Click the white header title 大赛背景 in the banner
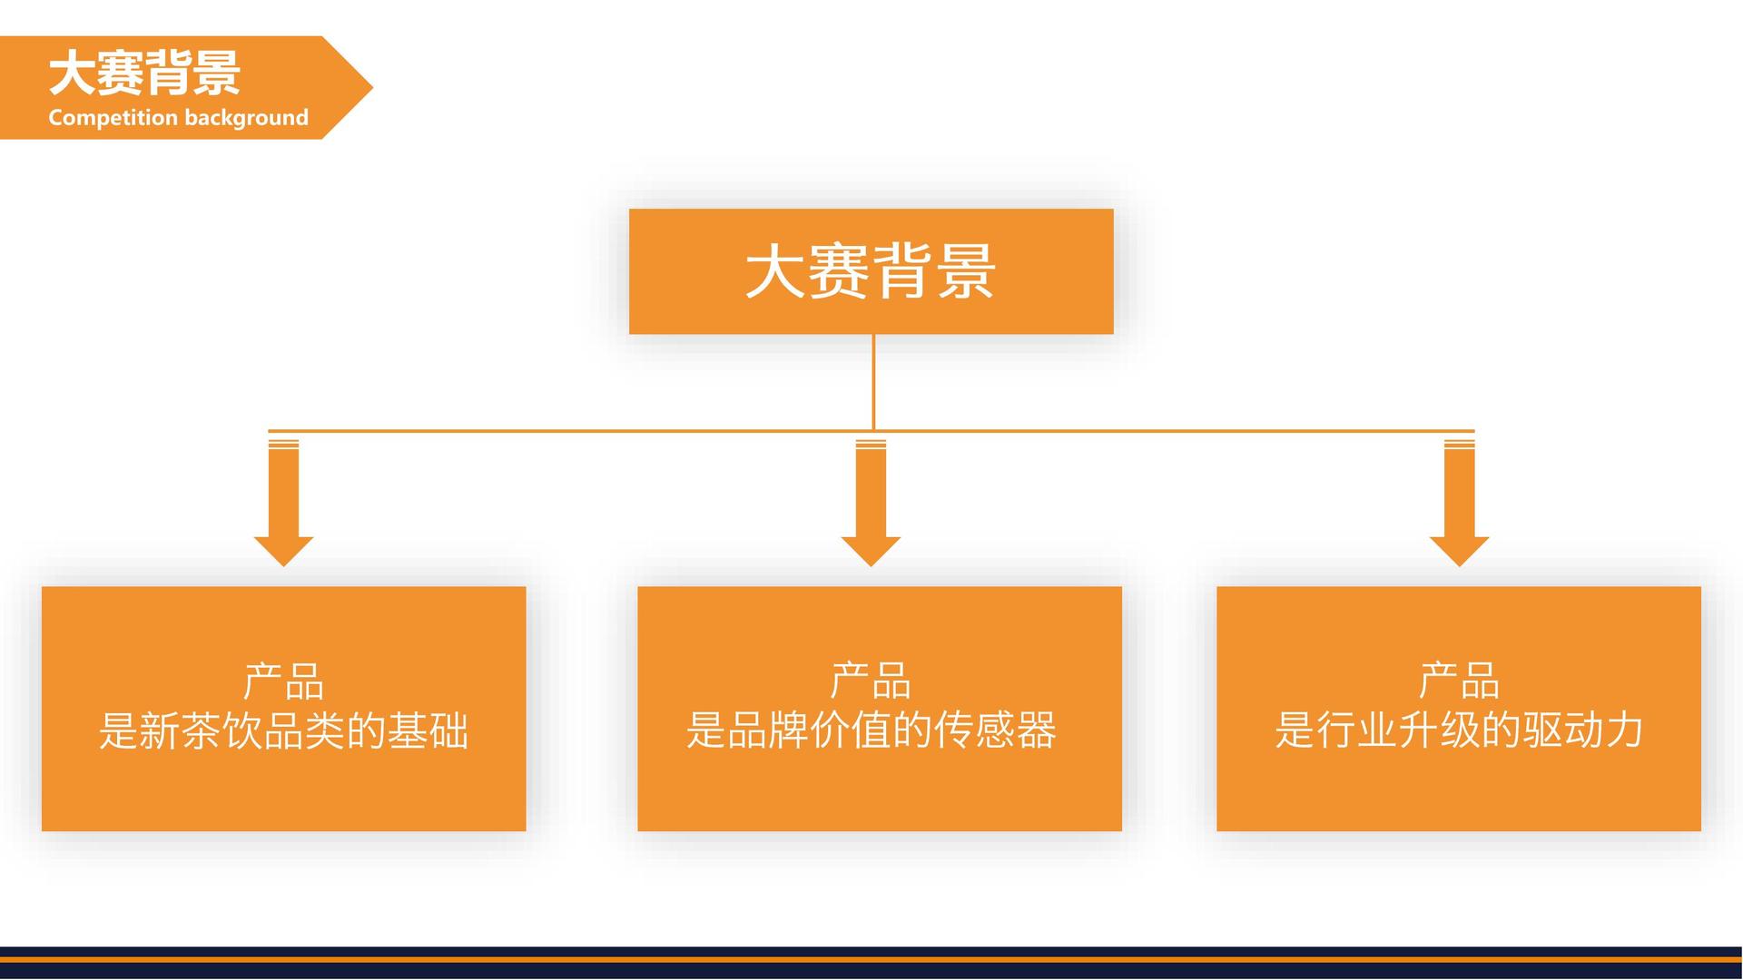coord(144,73)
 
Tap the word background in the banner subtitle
coord(246,118)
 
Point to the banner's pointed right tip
coord(372,87)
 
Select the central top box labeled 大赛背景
coord(871,271)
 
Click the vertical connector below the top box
coord(873,382)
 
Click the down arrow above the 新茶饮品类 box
coord(283,504)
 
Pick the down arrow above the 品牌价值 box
coord(871,504)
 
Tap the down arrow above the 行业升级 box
coord(1459,504)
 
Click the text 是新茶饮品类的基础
coord(283,730)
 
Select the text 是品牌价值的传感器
coord(871,730)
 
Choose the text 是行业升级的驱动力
coord(1459,730)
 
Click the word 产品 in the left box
coord(283,681)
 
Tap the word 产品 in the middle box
coord(871,681)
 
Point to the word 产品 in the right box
coord(1459,681)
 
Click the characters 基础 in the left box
coord(428,730)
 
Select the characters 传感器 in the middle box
coord(996,730)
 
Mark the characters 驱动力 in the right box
coord(1583,730)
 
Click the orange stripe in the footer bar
coord(871,959)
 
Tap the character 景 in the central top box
coord(966,271)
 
